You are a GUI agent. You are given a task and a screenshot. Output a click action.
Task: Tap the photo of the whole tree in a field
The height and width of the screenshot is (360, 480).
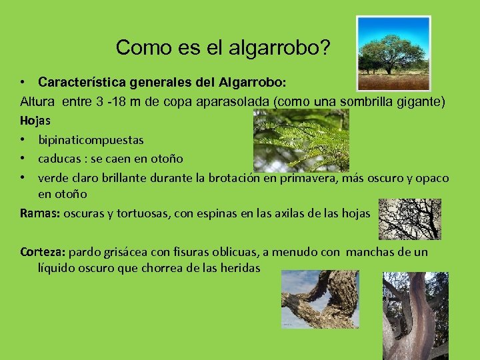coord(393,53)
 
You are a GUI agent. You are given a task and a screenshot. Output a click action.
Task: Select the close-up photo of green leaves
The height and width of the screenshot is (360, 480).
coord(301,140)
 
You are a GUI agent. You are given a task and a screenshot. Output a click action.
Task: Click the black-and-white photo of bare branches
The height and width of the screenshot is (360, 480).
coord(409,219)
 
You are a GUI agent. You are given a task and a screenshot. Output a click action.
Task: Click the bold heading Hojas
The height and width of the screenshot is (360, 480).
coord(35,121)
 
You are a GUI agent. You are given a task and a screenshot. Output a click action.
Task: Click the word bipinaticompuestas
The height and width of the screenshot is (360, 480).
coord(91,141)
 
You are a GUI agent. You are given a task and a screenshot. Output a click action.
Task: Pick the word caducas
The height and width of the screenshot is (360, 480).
coord(61,159)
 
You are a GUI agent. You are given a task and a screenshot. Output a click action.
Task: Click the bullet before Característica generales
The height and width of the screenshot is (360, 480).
coord(23,83)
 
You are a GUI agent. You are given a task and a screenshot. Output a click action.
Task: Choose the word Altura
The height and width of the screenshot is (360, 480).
coord(38,102)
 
